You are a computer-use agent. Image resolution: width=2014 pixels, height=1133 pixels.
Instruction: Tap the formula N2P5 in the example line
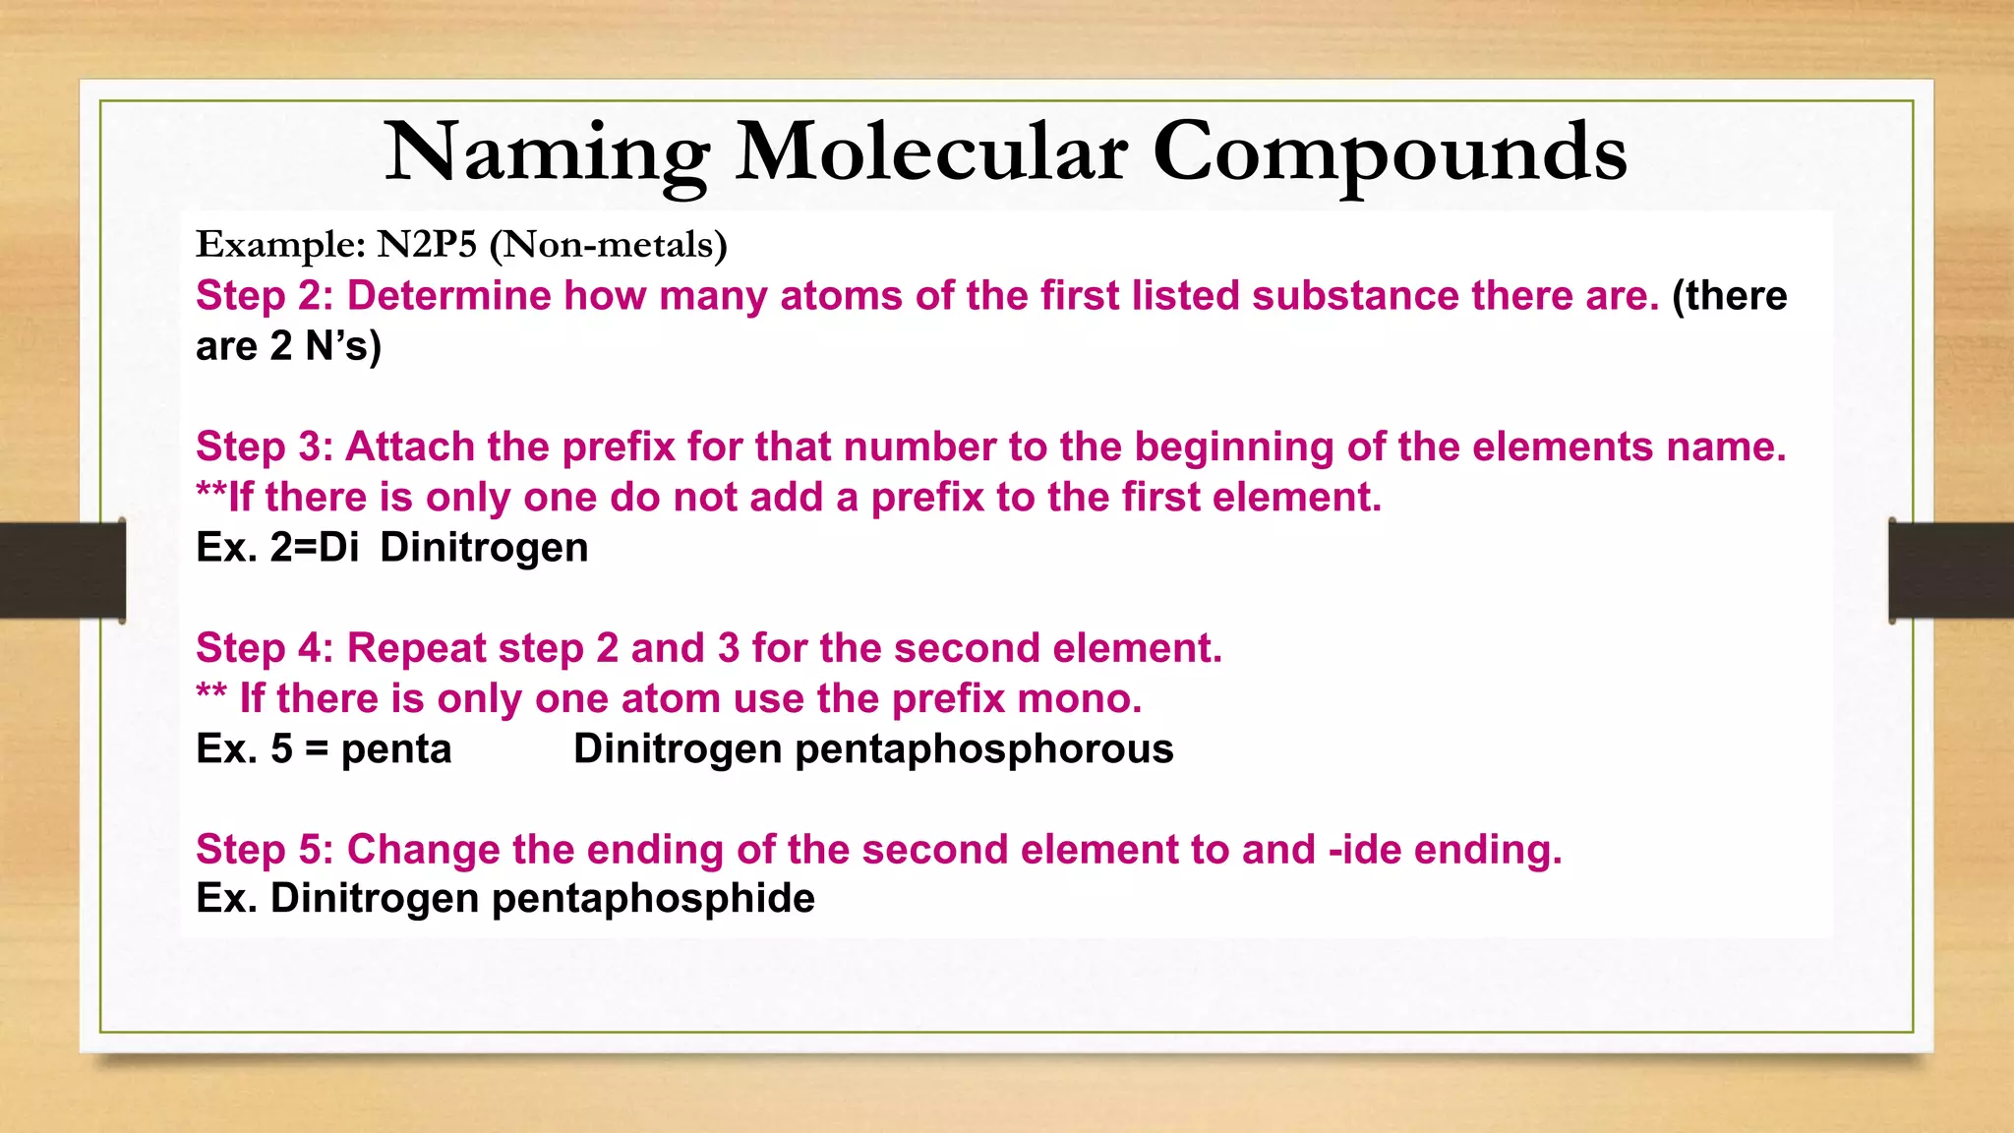(x=427, y=244)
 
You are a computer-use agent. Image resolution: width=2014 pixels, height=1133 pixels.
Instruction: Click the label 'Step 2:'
(x=265, y=296)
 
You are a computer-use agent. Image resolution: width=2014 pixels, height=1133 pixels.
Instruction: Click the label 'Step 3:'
(x=265, y=447)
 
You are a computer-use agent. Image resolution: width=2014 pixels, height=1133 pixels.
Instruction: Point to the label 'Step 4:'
(x=265, y=648)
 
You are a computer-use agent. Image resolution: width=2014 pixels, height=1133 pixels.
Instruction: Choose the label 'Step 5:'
(x=265, y=850)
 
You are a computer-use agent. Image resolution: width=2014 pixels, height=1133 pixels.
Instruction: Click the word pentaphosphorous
(x=983, y=749)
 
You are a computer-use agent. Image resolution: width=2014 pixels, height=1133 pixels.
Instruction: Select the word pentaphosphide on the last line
(x=653, y=899)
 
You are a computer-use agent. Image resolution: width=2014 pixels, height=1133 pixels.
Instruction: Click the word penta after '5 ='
(x=395, y=750)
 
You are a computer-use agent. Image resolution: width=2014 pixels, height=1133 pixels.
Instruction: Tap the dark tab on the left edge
(x=62, y=570)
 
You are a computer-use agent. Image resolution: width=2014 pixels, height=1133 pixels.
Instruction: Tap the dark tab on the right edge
(x=1951, y=570)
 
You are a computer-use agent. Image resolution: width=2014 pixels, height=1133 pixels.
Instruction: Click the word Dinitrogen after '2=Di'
(x=484, y=548)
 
